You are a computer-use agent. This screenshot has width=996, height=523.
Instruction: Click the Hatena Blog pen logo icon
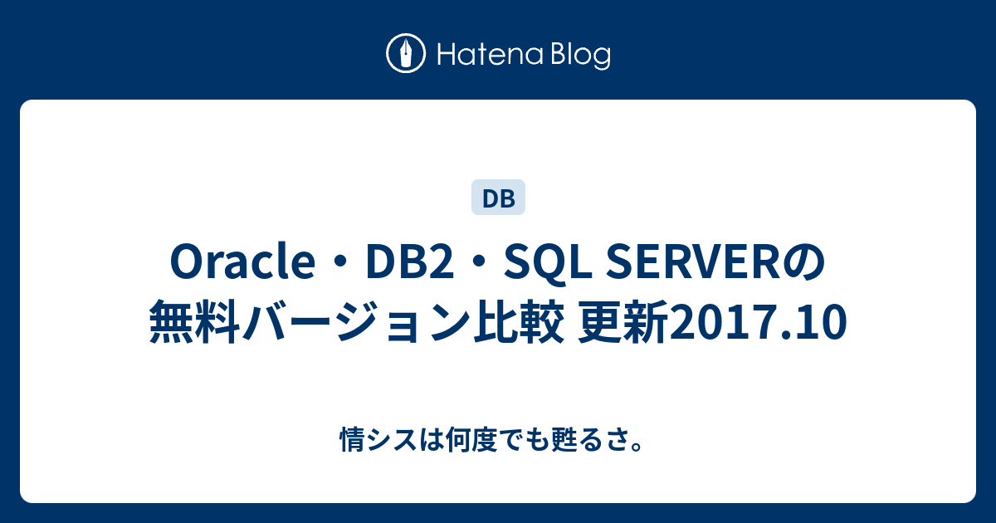[x=406, y=54]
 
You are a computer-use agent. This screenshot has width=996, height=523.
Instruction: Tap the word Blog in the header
[x=579, y=56]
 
